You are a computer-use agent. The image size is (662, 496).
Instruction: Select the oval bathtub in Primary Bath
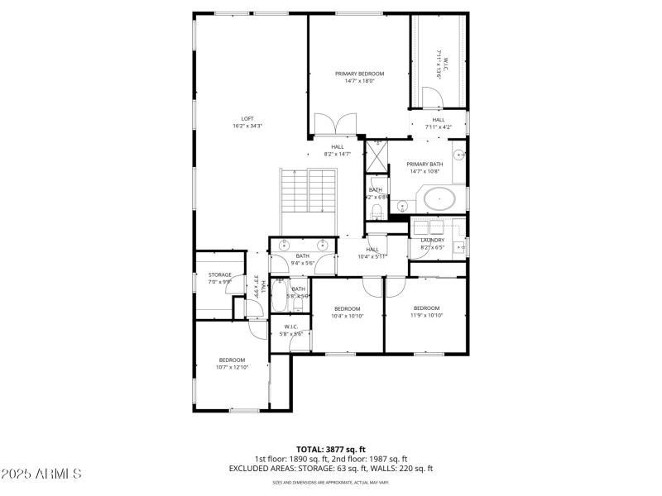pos(439,199)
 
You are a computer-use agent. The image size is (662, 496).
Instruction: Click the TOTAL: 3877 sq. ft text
pos(331,449)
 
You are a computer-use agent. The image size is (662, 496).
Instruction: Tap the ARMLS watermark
pos(41,474)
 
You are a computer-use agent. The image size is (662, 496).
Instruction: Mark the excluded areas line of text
pos(331,469)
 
